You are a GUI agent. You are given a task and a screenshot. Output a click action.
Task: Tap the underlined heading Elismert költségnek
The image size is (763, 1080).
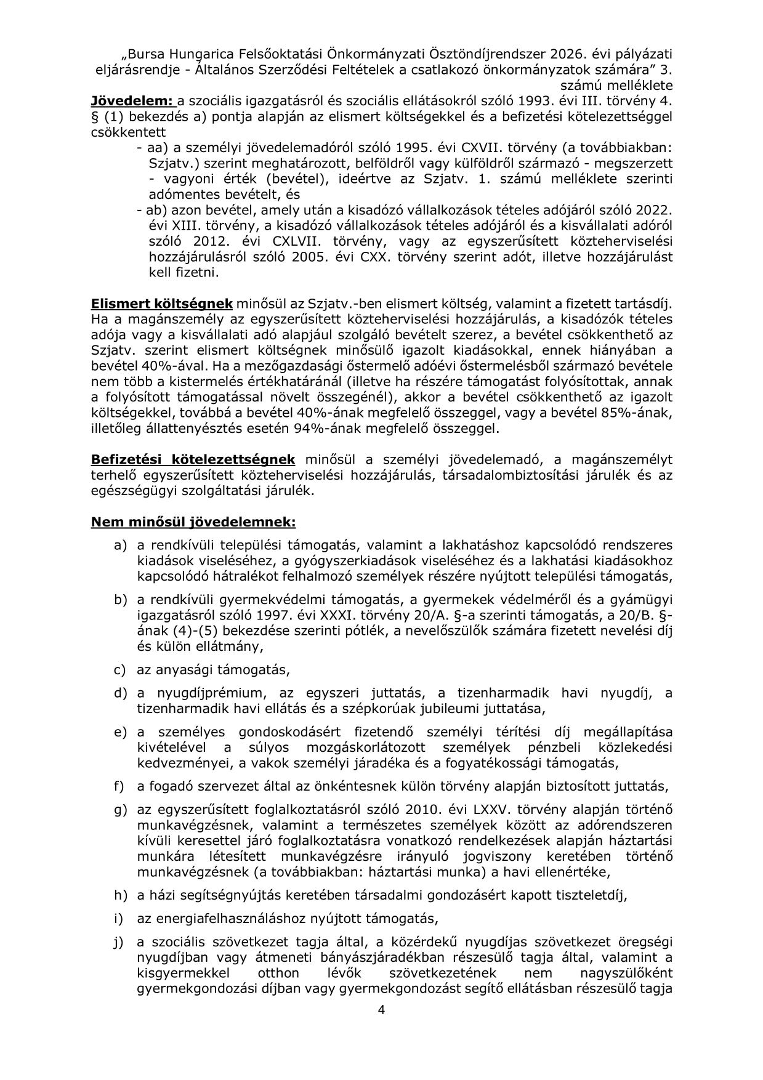click(x=162, y=304)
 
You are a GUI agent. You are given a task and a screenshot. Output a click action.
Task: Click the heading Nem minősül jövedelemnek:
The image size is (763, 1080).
click(x=193, y=522)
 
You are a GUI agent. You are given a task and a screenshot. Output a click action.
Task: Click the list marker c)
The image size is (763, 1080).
click(x=120, y=669)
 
